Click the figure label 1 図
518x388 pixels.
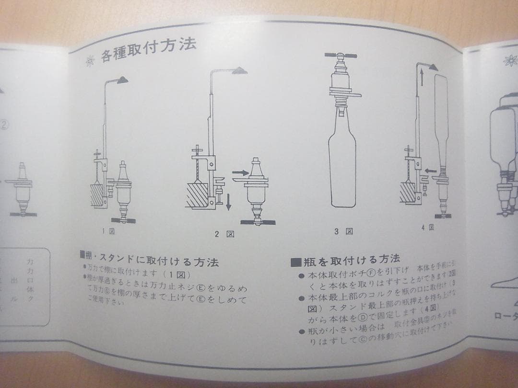coord(108,231)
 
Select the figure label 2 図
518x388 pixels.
coord(224,234)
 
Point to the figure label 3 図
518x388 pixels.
coord(343,231)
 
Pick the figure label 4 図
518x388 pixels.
coord(427,228)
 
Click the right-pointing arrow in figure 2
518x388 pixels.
coord(240,171)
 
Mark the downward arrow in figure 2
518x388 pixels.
coord(229,201)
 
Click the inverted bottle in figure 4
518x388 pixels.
coord(440,120)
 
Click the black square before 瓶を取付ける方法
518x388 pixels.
coord(295,262)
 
